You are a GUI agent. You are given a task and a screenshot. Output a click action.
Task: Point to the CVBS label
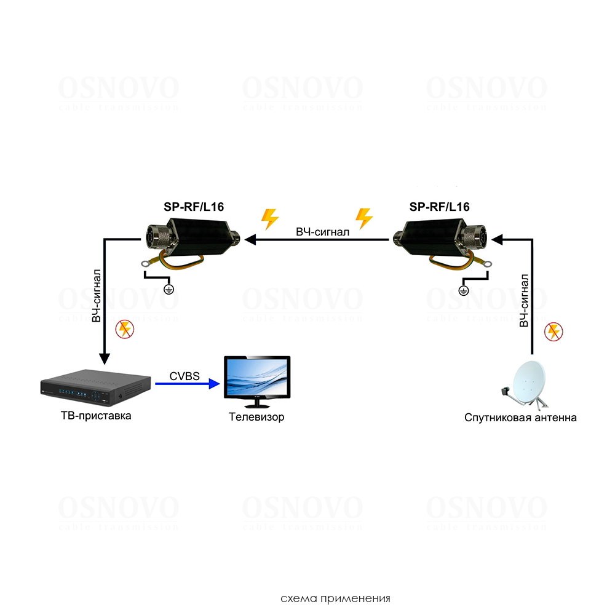point(184,374)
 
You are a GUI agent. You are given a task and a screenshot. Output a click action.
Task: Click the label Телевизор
point(256,418)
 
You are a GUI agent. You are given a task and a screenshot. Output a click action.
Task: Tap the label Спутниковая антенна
point(520,418)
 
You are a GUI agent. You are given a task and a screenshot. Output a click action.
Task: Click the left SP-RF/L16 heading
point(194,207)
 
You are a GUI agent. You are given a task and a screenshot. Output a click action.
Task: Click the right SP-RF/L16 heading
point(439,207)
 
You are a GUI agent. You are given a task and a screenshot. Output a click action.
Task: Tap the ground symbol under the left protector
point(170,288)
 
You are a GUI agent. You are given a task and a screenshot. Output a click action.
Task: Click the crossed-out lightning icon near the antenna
point(553,333)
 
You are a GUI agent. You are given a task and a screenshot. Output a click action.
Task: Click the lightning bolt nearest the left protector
point(269,219)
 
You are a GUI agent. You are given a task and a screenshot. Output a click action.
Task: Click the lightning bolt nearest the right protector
point(364,218)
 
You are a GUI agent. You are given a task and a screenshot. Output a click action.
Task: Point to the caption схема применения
point(335,598)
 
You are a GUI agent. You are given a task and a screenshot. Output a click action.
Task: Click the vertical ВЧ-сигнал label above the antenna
point(523,301)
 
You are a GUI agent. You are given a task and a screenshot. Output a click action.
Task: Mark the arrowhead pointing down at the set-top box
point(105,359)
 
